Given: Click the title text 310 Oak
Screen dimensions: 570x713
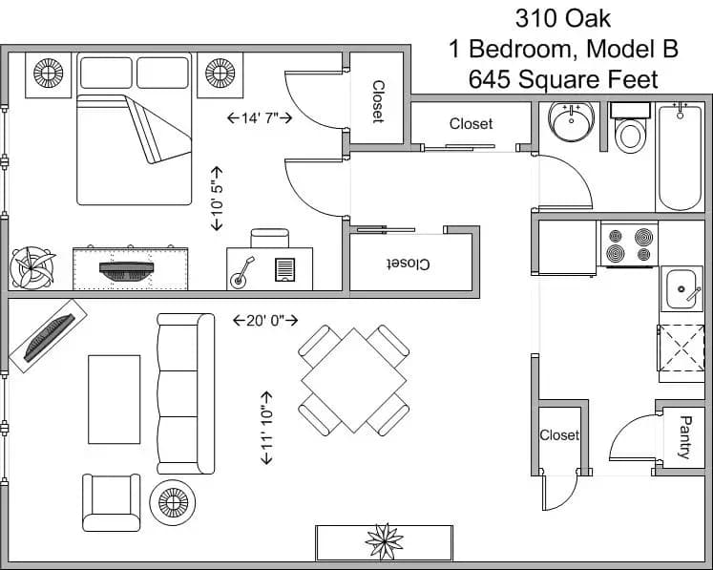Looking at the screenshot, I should pyautogui.click(x=563, y=17).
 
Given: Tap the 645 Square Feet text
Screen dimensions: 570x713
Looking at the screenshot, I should pyautogui.click(x=563, y=79).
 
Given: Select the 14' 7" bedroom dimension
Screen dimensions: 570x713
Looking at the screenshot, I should pyautogui.click(x=259, y=118).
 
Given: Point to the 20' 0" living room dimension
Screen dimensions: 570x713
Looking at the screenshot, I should pyautogui.click(x=265, y=321).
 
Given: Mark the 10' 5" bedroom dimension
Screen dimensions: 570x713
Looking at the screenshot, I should pyautogui.click(x=217, y=198).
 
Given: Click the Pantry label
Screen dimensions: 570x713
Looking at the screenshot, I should pyautogui.click(x=684, y=436).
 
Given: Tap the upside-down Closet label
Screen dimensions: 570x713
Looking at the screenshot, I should pyautogui.click(x=411, y=263).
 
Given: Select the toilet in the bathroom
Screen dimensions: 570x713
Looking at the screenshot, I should pyautogui.click(x=629, y=130).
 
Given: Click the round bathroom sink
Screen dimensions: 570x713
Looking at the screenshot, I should pyautogui.click(x=572, y=121).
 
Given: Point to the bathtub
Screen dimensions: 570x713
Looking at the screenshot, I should pyautogui.click(x=680, y=158).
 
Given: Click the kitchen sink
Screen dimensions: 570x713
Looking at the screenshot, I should pyautogui.click(x=682, y=288).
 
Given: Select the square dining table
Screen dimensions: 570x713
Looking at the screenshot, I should pyautogui.click(x=353, y=380).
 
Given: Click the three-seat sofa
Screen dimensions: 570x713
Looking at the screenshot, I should pyautogui.click(x=185, y=393).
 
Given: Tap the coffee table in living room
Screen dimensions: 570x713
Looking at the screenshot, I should pyautogui.click(x=115, y=399).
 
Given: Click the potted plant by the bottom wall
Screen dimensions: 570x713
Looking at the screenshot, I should pyautogui.click(x=384, y=541).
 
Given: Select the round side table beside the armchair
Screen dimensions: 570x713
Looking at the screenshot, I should pyautogui.click(x=173, y=501).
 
